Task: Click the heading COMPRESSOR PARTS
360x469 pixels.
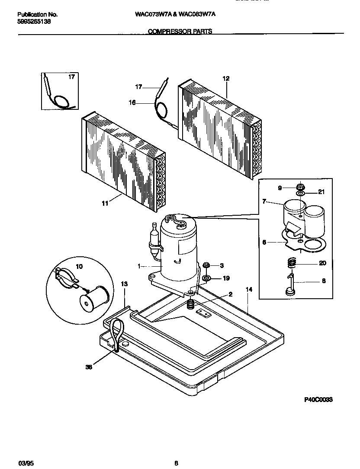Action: click(x=180, y=32)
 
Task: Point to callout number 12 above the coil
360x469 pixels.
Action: click(x=225, y=79)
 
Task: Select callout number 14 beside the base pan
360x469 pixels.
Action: click(x=248, y=289)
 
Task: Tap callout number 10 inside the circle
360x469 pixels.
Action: click(x=79, y=267)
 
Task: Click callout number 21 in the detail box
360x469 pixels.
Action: click(x=321, y=192)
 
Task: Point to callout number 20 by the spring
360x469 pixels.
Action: click(x=322, y=263)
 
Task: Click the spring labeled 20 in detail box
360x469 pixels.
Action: click(x=292, y=262)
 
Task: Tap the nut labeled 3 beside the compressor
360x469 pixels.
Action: click(x=206, y=265)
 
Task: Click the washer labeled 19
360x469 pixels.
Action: click(x=206, y=278)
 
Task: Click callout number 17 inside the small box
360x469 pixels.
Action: click(x=71, y=77)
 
